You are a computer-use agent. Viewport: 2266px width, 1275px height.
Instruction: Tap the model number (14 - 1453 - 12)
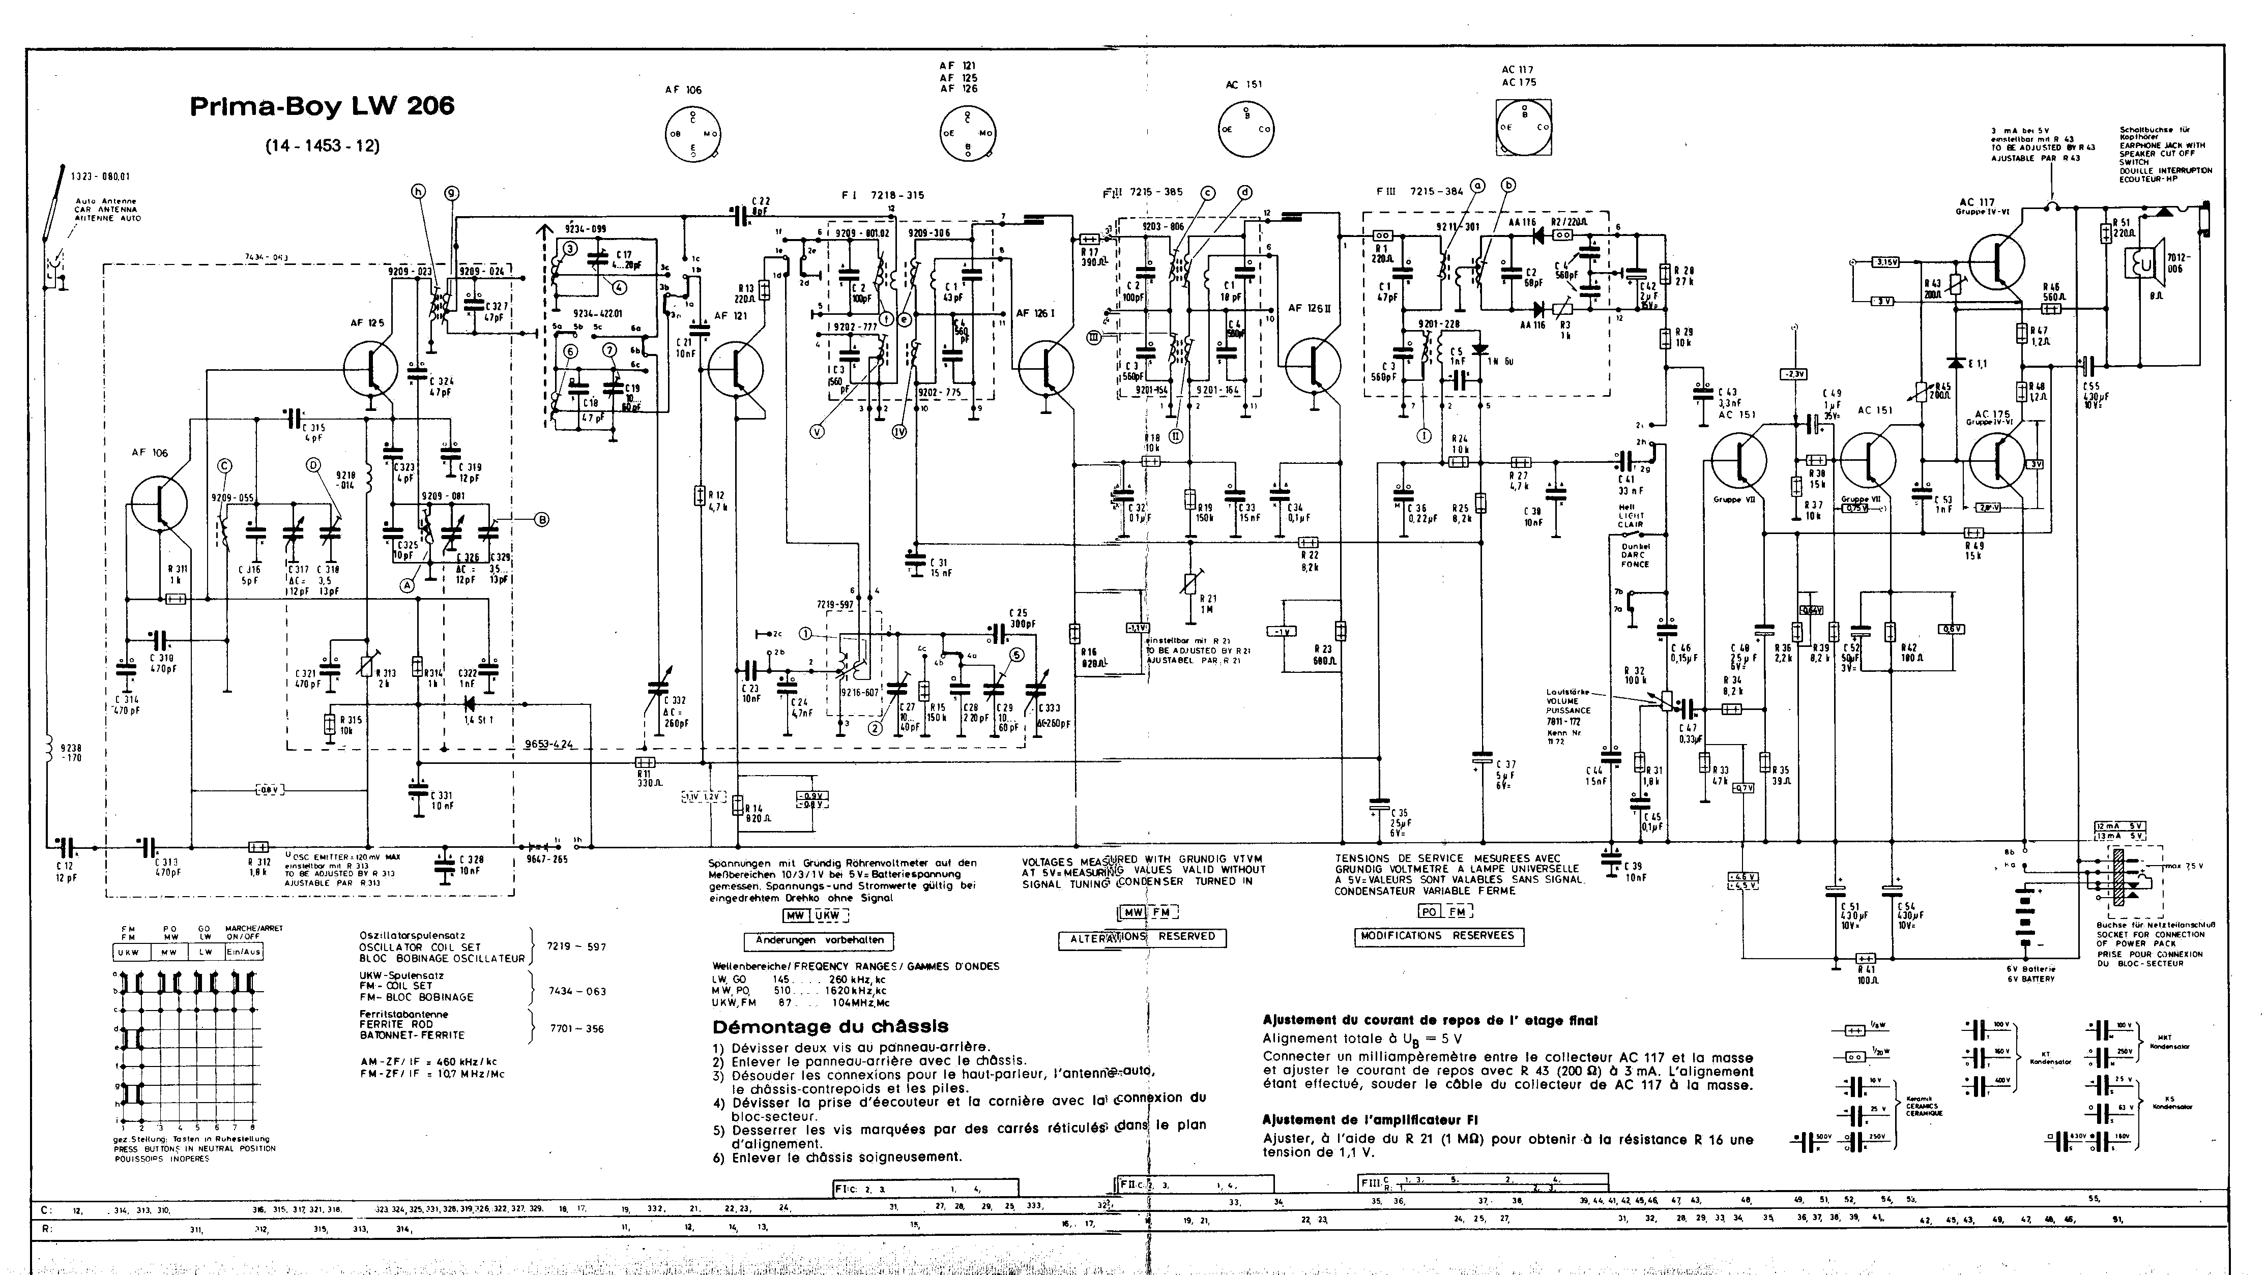tap(322, 145)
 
